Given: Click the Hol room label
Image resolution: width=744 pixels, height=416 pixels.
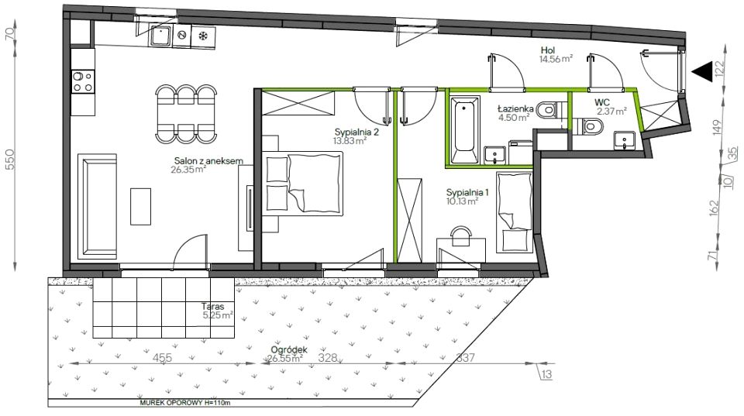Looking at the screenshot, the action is click(x=548, y=50).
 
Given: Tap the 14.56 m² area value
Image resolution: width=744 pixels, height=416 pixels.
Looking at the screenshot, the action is click(x=556, y=60).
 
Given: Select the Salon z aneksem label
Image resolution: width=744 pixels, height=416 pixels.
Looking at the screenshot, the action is click(x=208, y=161).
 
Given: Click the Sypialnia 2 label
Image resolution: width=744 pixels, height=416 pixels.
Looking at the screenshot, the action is click(x=356, y=132).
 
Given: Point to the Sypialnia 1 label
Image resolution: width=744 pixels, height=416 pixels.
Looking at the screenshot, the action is click(x=467, y=193).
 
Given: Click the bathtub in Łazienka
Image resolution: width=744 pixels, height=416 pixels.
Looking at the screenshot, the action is click(x=464, y=130).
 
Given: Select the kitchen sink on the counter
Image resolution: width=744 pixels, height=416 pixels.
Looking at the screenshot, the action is click(x=161, y=36).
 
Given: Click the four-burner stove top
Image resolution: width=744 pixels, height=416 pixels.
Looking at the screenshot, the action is click(x=83, y=81).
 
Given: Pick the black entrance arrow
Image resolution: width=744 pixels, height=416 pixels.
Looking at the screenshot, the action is click(x=702, y=71).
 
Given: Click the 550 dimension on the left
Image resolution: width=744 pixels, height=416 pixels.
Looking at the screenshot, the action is click(x=10, y=160).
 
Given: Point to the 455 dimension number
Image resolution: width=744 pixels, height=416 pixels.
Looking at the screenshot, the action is click(x=162, y=358).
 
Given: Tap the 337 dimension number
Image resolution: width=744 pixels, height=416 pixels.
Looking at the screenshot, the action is click(x=465, y=358).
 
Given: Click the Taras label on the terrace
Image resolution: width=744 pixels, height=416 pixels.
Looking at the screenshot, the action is click(x=212, y=307).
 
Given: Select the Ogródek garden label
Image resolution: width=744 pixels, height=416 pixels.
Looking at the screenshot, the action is click(x=289, y=349).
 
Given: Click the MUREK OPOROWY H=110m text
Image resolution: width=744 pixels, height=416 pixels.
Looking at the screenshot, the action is click(x=185, y=403).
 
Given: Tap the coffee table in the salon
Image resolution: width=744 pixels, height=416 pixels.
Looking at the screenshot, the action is click(x=140, y=206).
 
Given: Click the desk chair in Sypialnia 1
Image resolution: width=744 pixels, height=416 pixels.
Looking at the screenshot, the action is click(x=460, y=236).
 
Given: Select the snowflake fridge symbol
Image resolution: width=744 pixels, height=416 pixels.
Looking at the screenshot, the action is click(x=203, y=36).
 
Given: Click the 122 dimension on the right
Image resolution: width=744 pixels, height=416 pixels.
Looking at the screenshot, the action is click(x=720, y=70).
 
